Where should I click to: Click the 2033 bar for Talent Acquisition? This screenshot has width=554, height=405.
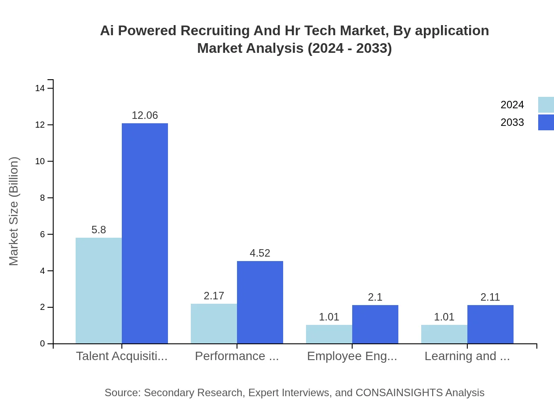tap(145, 233)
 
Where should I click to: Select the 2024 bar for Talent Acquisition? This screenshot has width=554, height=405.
tap(98, 291)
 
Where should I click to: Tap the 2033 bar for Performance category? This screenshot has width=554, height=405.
tap(260, 302)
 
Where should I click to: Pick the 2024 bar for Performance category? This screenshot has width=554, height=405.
tap(214, 324)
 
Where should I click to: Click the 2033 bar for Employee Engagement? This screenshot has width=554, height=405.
tap(375, 324)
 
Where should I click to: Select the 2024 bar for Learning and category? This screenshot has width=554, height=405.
tap(444, 334)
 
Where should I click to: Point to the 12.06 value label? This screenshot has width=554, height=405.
tap(145, 115)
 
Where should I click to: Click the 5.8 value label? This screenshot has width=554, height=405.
tap(98, 230)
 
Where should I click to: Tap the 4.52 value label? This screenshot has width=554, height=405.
tap(260, 253)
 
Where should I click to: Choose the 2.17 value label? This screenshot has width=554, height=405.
tap(214, 296)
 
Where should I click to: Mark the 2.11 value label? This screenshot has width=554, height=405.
tap(490, 297)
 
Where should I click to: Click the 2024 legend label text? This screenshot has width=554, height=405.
tap(512, 105)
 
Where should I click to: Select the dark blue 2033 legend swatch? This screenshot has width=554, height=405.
tap(546, 122)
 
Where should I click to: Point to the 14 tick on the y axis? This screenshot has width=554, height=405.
tap(40, 88)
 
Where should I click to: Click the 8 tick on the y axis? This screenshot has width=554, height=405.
tap(43, 198)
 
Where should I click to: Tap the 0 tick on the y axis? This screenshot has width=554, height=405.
tap(43, 343)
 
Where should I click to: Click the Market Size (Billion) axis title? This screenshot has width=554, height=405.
tap(14, 211)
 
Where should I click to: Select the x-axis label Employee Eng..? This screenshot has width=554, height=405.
tap(352, 356)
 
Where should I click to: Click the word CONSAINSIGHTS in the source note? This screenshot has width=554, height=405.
tap(399, 393)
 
